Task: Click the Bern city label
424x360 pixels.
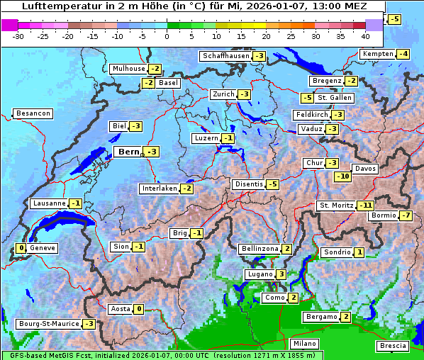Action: [x=128, y=152]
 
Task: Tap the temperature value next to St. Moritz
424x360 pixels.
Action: [x=365, y=206]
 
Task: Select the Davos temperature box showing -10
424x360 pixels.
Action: [x=342, y=176]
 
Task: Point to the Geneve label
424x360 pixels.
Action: [x=43, y=248]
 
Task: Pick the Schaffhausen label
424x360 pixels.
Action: [x=225, y=56]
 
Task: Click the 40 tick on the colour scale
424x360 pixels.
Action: [x=365, y=35]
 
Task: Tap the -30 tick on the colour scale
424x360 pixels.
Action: [x=18, y=35]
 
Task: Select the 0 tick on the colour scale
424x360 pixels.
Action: [x=167, y=35]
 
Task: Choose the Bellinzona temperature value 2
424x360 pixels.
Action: [x=286, y=249]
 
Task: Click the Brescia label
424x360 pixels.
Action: [x=393, y=346]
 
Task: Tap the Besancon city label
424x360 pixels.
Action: [x=33, y=113]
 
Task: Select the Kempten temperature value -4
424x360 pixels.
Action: [x=403, y=54]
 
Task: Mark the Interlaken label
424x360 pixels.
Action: [x=158, y=189]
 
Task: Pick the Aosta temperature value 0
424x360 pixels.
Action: [x=139, y=309]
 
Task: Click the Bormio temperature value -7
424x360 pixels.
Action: [x=406, y=215]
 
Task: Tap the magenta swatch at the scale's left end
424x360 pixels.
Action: [x=10, y=25]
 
